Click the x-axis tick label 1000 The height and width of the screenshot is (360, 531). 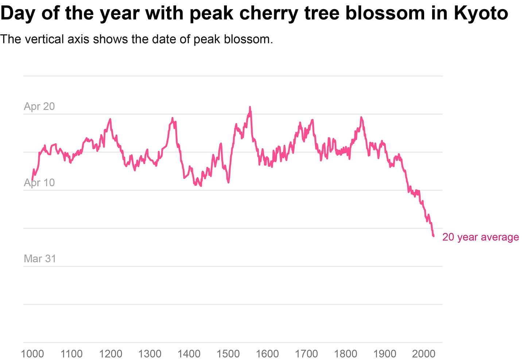point(32,353)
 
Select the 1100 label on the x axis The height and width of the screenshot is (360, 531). point(71,353)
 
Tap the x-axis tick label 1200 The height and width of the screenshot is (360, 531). point(111,353)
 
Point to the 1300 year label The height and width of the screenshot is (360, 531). point(150,353)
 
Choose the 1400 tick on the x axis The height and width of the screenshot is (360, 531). point(189,353)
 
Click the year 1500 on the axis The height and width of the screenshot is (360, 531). point(228,353)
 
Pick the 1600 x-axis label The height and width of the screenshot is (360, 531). point(267,353)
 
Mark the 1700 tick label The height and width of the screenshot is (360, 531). point(306,353)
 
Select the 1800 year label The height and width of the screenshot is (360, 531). point(346,353)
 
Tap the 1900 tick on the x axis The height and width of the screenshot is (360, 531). point(385,353)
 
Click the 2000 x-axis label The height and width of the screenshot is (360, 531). point(424,353)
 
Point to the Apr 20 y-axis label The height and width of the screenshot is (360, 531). point(39,106)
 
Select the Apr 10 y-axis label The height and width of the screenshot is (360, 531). point(39,182)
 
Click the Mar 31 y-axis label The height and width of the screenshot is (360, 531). point(40,259)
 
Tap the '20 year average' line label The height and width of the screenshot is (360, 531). point(480,237)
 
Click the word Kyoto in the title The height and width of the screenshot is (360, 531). point(481,13)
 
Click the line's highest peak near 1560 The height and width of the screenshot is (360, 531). point(250,107)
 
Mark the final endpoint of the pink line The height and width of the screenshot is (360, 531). point(434,236)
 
